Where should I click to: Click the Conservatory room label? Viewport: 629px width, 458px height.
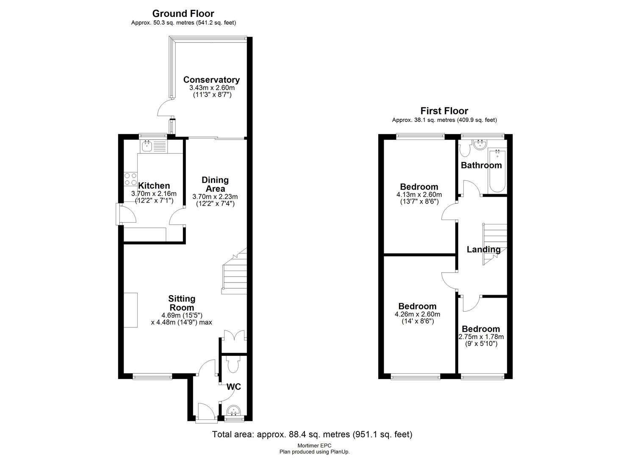tap(211, 80)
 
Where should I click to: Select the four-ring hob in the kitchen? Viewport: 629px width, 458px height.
tap(130, 179)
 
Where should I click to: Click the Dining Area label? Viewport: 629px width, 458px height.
tap(215, 184)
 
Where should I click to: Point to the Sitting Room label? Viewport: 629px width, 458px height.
tap(182, 303)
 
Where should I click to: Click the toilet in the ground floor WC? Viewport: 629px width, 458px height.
tap(233, 365)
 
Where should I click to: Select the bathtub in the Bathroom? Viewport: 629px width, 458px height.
tap(497, 172)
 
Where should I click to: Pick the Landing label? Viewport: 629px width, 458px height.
tap(484, 249)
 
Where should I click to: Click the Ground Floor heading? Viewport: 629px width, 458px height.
tap(183, 14)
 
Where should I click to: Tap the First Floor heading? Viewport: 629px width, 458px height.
tap(444, 111)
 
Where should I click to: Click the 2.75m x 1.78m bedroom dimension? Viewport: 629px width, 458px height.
tap(481, 337)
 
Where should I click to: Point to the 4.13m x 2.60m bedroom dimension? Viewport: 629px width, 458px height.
tap(419, 195)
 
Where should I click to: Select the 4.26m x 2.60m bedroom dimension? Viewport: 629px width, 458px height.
tap(417, 314)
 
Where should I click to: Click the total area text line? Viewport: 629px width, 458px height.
tap(312, 434)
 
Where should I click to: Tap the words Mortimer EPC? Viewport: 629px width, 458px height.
tap(314, 445)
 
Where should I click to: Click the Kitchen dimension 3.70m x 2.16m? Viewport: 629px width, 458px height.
tap(154, 193)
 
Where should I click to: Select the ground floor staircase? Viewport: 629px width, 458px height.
tap(234, 271)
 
